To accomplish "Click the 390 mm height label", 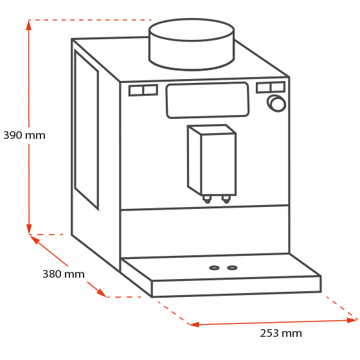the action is [x=24, y=135].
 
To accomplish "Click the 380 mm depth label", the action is [x=64, y=274].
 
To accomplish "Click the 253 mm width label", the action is [x=281, y=333].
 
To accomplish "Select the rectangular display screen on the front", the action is [x=208, y=100].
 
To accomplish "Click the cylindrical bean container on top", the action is [x=192, y=44].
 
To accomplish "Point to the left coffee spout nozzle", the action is [x=207, y=199].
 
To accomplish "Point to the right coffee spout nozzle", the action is [x=226, y=199].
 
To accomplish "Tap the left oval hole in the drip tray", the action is [x=214, y=267].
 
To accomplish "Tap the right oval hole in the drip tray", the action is [x=232, y=267].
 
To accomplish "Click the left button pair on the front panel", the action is [x=143, y=90].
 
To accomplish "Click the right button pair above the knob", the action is [x=271, y=87].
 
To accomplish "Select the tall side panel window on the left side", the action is [x=86, y=129].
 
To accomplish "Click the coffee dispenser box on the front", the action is [x=212, y=160].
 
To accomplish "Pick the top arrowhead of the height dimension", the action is [x=29, y=25].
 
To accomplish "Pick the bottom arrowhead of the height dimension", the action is [x=29, y=230].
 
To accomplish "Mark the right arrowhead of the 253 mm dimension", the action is [x=352, y=320].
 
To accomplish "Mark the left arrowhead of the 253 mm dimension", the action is [x=194, y=324].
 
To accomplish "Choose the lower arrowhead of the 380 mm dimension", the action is [x=102, y=293].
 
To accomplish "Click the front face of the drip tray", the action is [x=237, y=286].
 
